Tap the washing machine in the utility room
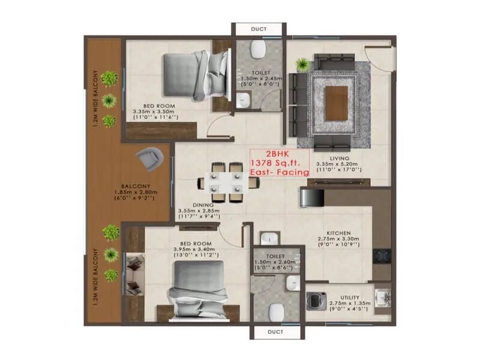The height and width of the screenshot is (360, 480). coord(317,299)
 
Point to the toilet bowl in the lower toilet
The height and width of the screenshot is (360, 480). coord(276,311)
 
